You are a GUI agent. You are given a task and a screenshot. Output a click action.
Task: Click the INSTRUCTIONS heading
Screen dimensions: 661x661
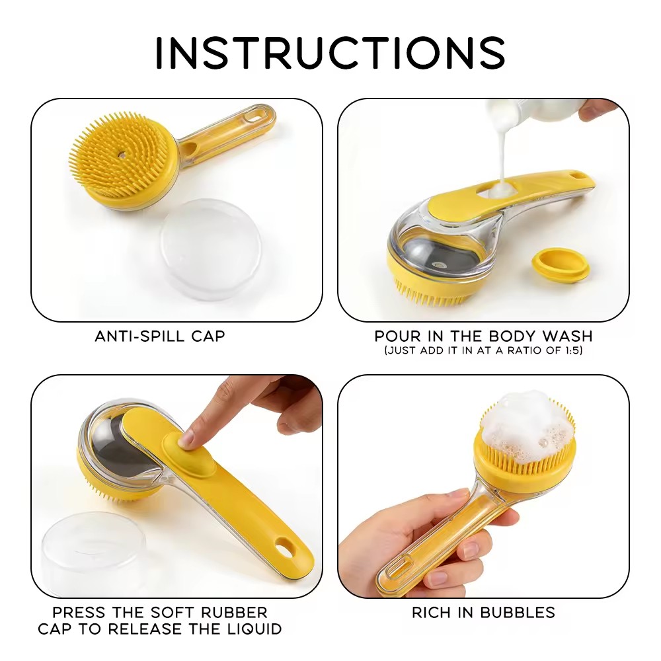click(x=330, y=53)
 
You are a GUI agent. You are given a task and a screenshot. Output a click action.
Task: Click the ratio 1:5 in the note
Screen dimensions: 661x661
click(x=572, y=350)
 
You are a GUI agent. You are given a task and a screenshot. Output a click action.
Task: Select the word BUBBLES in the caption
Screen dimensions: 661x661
click(x=519, y=613)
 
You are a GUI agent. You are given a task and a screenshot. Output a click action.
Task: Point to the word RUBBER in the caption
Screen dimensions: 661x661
click(x=233, y=612)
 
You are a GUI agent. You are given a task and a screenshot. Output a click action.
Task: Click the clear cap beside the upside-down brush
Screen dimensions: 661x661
click(x=210, y=249)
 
